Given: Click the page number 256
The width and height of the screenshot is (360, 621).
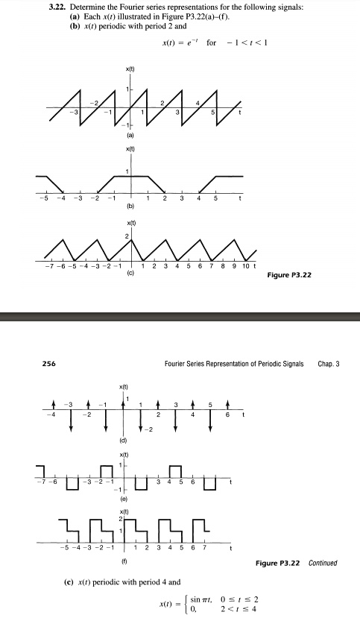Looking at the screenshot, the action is click(x=25, y=365).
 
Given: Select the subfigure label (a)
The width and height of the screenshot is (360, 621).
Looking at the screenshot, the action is click(x=130, y=137).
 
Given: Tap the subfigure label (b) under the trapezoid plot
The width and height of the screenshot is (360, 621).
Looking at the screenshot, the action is click(x=130, y=206).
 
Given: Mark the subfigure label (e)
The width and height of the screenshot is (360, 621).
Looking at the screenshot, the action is click(x=130, y=502).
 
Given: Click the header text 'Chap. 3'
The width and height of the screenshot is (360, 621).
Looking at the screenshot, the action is click(x=329, y=365).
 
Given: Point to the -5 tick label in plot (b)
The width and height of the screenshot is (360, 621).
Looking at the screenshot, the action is click(x=44, y=198).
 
